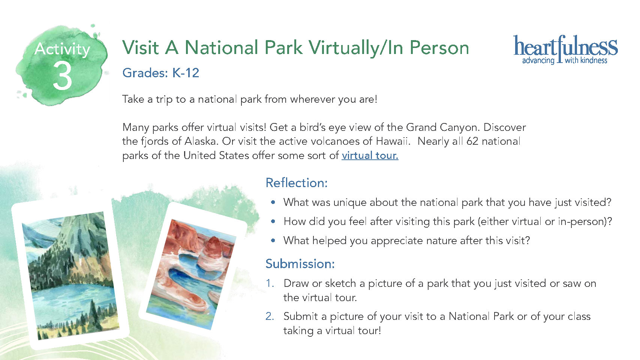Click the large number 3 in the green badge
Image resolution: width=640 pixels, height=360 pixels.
pyautogui.click(x=62, y=75)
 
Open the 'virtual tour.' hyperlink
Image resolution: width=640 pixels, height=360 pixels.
pyautogui.click(x=370, y=155)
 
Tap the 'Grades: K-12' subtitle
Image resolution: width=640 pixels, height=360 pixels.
pyautogui.click(x=160, y=73)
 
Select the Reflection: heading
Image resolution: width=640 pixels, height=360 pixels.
pyautogui.click(x=297, y=183)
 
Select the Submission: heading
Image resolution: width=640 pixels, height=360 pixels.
pyautogui.click(x=300, y=264)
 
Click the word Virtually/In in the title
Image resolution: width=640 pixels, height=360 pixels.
pyautogui.click(x=356, y=48)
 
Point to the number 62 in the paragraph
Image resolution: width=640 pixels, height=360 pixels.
pyautogui.click(x=472, y=141)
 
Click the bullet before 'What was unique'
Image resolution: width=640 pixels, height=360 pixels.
pyautogui.click(x=273, y=202)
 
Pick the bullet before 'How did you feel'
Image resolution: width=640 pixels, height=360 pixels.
pyautogui.click(x=273, y=221)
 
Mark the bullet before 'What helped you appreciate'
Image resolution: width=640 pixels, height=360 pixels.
pyautogui.click(x=273, y=241)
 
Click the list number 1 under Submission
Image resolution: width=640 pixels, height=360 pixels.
pyautogui.click(x=270, y=283)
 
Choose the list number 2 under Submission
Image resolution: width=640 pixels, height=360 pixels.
pyautogui.click(x=270, y=316)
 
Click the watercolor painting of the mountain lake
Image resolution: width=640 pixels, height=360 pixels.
pyautogui.click(x=70, y=276)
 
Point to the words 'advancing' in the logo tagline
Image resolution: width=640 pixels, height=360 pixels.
pyautogui.click(x=538, y=61)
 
